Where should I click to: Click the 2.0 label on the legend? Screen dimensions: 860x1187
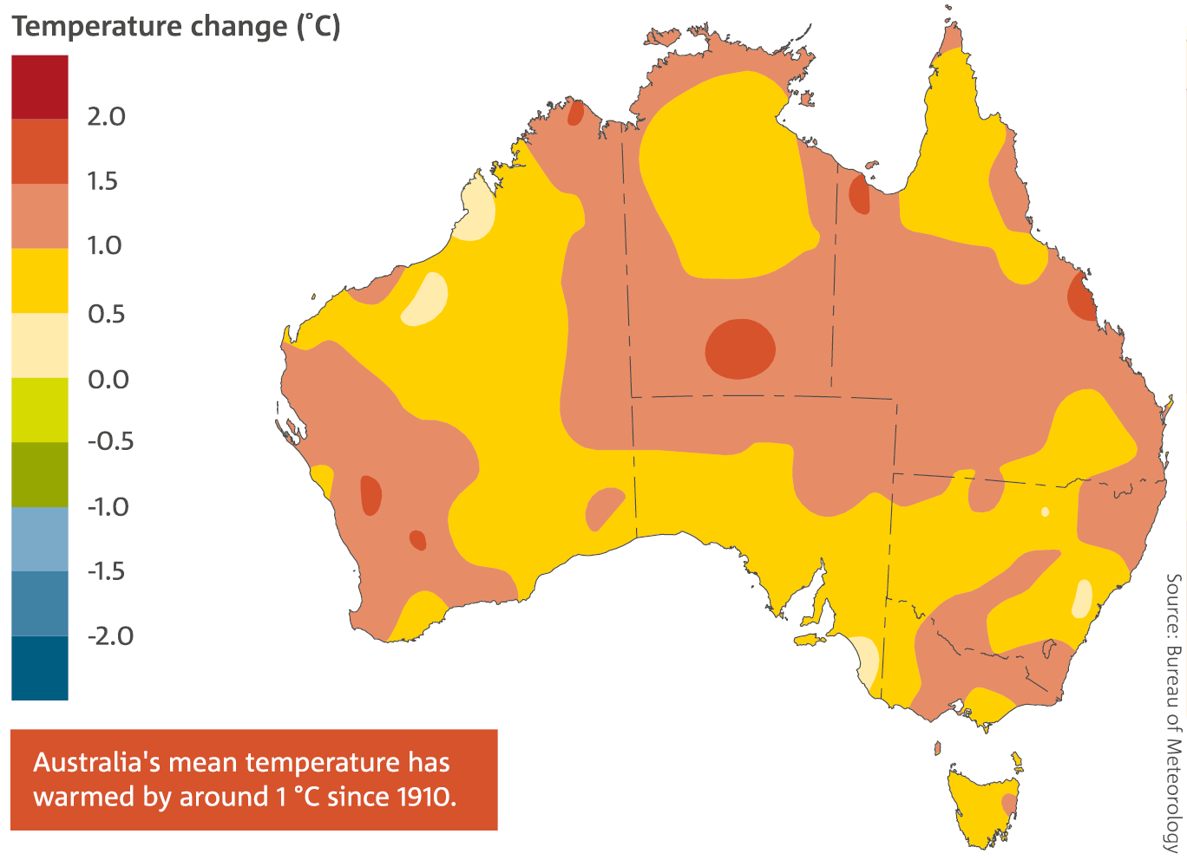[106, 116]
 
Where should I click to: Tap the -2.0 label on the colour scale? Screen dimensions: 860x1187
[110, 635]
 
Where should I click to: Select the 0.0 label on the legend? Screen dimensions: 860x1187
[108, 379]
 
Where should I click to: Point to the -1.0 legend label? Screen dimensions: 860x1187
[108, 506]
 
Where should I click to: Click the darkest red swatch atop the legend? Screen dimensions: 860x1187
[39, 87]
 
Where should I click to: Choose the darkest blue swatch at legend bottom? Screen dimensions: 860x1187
[39, 668]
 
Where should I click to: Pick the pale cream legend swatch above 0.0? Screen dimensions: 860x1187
[39, 345]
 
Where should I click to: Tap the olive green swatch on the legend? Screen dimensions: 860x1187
[39, 474]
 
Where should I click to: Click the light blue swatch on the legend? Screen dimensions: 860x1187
[39, 538]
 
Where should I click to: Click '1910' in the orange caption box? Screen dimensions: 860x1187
[425, 797]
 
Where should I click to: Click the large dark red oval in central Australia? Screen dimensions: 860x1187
[740, 349]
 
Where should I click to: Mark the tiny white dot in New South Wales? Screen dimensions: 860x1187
[1045, 511]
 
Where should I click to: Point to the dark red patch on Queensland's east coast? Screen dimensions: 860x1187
[1082, 297]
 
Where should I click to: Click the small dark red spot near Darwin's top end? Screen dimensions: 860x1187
[575, 113]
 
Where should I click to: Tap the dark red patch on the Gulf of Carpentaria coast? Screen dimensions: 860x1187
[859, 194]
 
